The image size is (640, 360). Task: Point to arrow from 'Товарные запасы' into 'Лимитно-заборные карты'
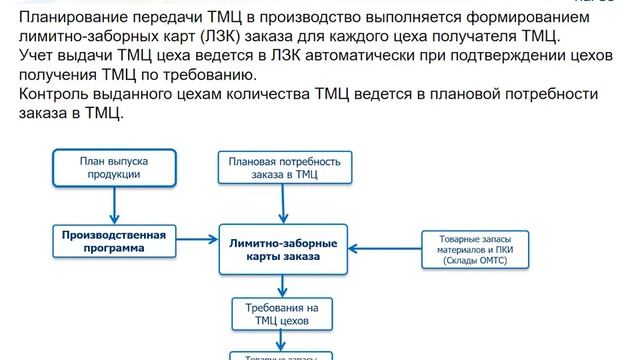tap(384, 248)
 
